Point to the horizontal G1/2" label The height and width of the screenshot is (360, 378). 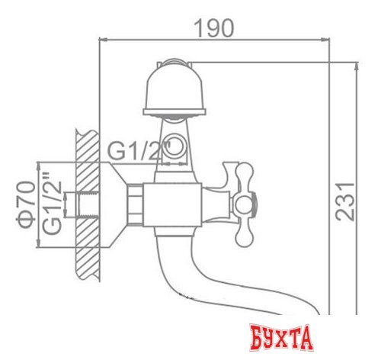138,151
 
